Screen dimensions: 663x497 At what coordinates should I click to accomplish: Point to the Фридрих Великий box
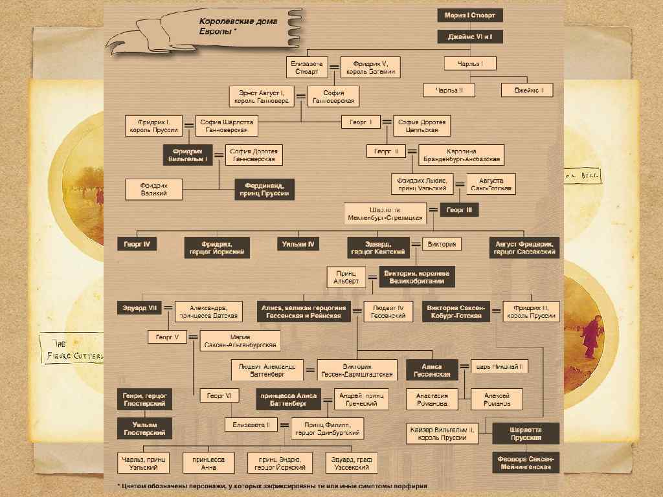pos(154,189)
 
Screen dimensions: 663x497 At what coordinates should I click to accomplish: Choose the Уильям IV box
pos(298,245)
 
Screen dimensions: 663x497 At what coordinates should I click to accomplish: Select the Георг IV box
pos(137,245)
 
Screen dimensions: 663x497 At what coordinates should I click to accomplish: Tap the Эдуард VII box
pos(137,308)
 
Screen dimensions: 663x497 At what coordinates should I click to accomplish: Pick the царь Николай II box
pos(499,367)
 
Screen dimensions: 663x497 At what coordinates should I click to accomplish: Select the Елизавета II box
pos(251,425)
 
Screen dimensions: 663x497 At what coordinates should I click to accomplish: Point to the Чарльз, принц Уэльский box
pos(144,463)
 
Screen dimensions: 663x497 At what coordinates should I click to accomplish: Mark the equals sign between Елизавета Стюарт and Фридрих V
pos(334,67)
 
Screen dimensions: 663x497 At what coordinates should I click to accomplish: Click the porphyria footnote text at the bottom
pos(272,485)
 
